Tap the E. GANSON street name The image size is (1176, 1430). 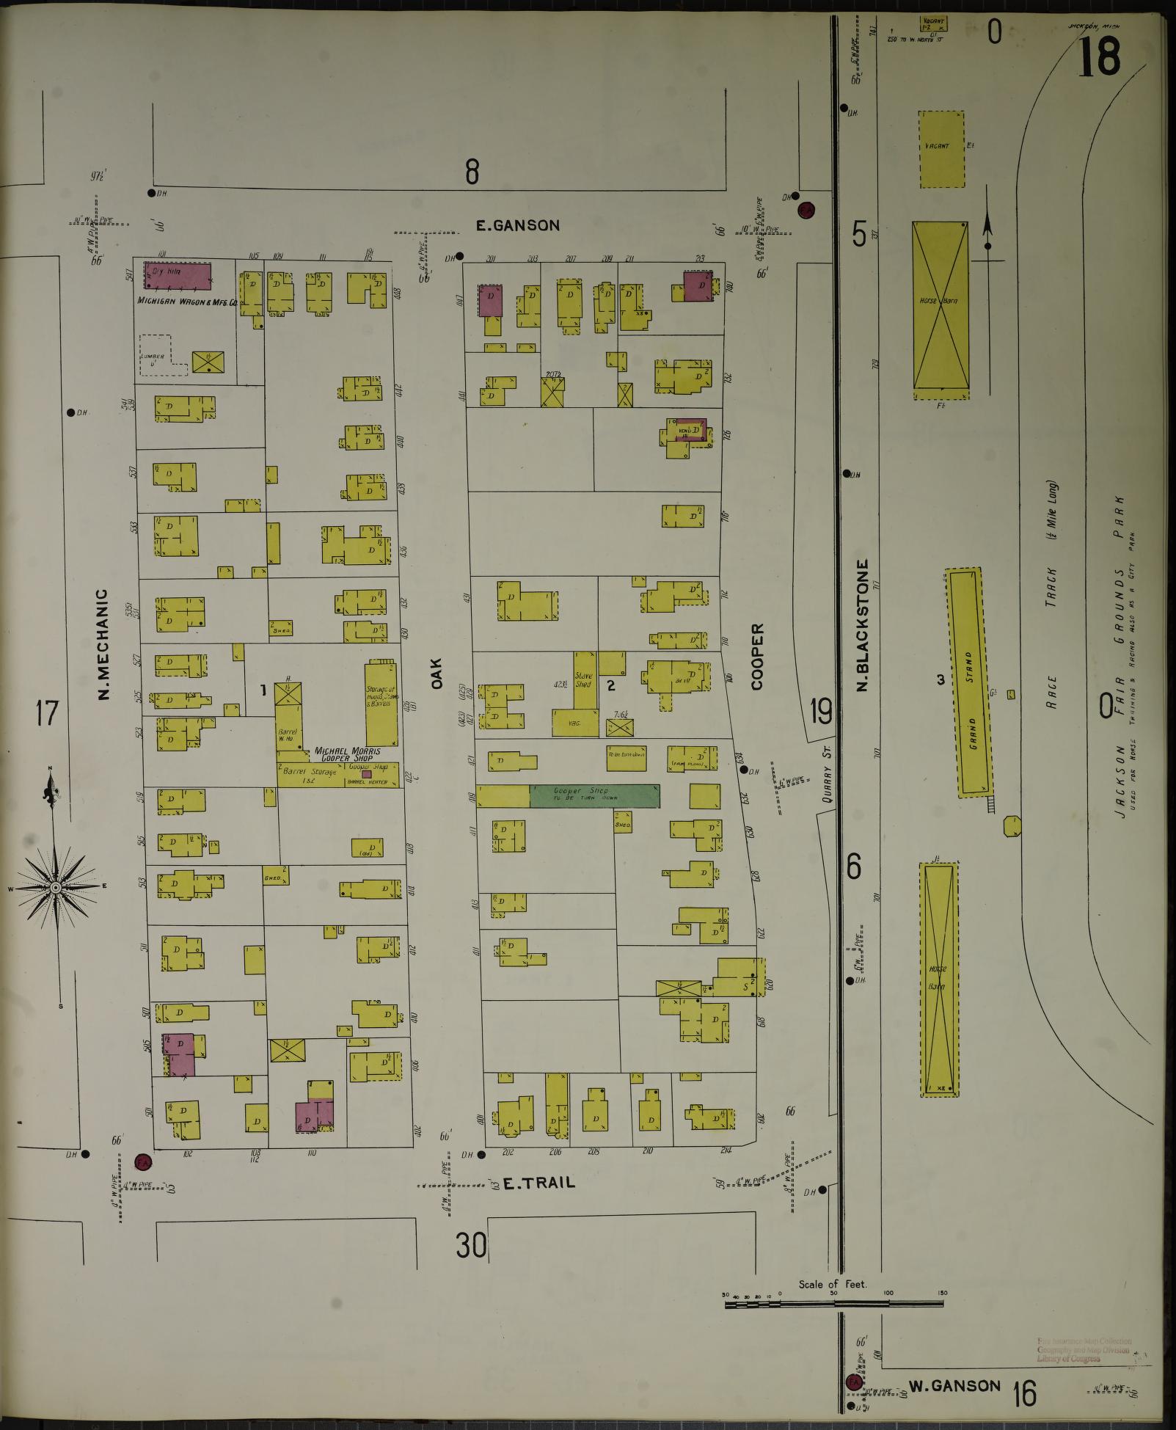(x=518, y=226)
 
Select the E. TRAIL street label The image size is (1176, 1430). (x=538, y=1183)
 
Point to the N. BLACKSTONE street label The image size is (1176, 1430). (x=863, y=625)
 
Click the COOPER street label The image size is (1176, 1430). (x=757, y=656)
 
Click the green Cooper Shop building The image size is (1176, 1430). (x=594, y=795)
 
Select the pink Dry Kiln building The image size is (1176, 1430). (x=178, y=276)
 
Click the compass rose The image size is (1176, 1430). (x=55, y=888)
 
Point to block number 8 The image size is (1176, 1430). (x=471, y=173)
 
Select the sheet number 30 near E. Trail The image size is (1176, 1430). (x=471, y=1244)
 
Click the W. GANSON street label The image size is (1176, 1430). (x=954, y=1385)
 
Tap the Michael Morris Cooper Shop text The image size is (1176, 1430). (x=347, y=755)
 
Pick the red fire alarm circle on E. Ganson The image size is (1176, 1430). (x=806, y=210)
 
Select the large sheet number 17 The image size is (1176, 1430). (x=47, y=712)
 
